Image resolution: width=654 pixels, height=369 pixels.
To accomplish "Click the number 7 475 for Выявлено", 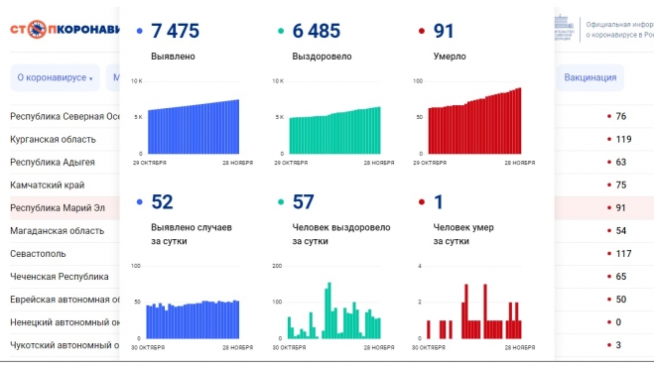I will coord(180,32).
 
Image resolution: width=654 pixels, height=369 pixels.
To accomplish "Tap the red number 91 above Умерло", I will coord(444,32).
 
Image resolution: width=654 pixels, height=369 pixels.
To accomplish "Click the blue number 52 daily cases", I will coord(162,202).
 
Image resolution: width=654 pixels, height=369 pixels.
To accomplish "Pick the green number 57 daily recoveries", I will coord(303,202).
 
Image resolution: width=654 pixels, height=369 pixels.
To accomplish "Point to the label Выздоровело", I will coord(322,57).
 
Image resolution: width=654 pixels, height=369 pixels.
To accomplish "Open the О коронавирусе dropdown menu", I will coord(55,77).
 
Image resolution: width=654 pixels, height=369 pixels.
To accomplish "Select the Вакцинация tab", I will coord(590,77).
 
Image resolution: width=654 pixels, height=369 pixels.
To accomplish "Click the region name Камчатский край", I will coord(47,184).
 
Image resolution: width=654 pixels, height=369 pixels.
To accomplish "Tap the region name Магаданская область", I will coord(57,231).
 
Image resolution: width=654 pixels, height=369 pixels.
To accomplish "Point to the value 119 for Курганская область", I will coord(623,139).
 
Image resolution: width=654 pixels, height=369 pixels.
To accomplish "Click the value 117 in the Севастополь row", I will coord(623,254).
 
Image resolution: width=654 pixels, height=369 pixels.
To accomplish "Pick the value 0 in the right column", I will coord(618,322).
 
